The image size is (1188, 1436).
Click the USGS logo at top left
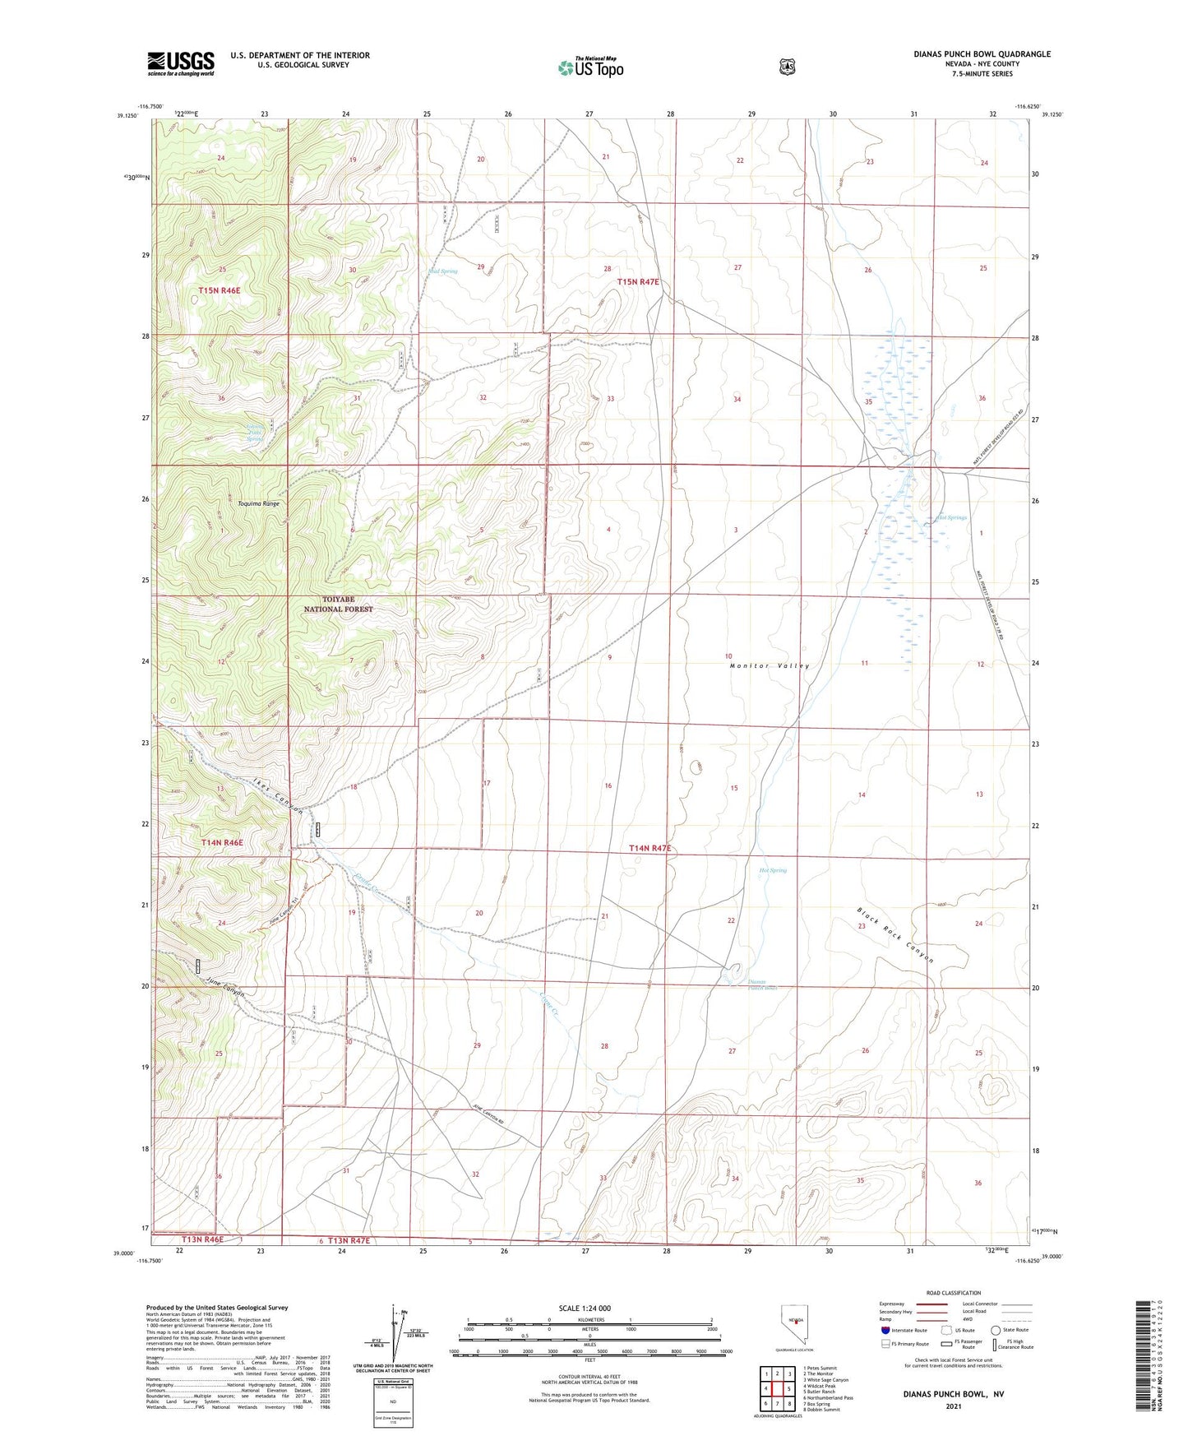(181, 63)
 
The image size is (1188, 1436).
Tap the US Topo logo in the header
(590, 67)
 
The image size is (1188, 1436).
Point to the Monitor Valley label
(769, 665)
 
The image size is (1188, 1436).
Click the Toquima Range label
(259, 503)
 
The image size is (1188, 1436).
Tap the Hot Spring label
(772, 870)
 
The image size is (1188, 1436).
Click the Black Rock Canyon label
(895, 934)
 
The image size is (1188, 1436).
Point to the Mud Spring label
(442, 271)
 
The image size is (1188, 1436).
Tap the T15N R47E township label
(638, 282)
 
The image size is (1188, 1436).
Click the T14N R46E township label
(222, 843)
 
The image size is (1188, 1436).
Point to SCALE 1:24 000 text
(585, 1309)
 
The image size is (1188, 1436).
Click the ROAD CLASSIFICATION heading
(953, 1293)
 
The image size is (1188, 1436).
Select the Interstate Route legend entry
(904, 1330)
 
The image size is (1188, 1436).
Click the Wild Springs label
(951, 517)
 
